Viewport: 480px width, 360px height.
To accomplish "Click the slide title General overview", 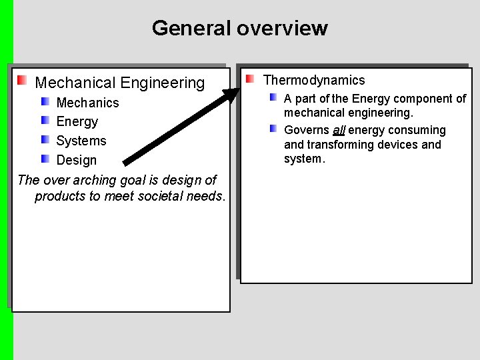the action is click(239, 29).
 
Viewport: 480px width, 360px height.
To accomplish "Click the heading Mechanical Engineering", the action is click(119, 83).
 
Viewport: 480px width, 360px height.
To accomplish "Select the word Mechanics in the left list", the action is click(87, 103).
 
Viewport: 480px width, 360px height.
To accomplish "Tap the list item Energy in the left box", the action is click(77, 121).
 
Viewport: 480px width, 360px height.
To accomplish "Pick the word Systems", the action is click(81, 141).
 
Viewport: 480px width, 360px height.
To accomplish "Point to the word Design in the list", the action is click(76, 160).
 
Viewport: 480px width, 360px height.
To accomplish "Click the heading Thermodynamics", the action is click(314, 80).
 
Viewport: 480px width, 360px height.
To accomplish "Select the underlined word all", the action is click(338, 130).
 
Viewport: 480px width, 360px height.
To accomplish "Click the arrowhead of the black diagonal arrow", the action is click(233, 94).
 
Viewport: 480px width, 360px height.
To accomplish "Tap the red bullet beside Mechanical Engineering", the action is click(22, 81).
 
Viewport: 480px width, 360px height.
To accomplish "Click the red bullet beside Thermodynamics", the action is click(249, 79).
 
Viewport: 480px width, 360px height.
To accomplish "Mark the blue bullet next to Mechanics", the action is click(45, 101).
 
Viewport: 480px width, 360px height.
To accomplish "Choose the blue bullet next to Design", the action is click(45, 159).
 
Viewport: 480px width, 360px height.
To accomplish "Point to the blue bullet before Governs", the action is click(273, 128).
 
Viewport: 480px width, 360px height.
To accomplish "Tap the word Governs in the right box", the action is click(306, 130).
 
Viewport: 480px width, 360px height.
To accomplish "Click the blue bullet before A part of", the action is click(273, 97).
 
